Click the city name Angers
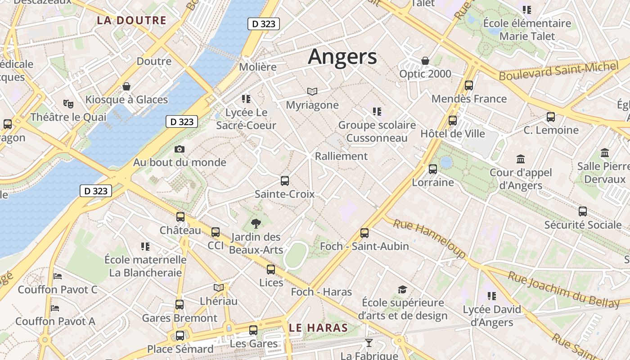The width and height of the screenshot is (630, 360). pos(342,57)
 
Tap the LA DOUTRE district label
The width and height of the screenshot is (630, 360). pos(131,20)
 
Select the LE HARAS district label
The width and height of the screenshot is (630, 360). pos(319,328)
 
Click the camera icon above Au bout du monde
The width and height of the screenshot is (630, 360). pos(180,149)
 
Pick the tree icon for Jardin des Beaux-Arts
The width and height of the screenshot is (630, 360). pos(256,223)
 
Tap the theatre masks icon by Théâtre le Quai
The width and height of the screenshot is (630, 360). pos(68,104)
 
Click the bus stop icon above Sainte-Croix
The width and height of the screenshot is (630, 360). pos(285,181)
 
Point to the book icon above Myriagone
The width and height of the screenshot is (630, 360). pos(312,92)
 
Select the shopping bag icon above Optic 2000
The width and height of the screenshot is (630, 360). pos(425,60)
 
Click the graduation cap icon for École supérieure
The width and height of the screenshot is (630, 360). pos(402,289)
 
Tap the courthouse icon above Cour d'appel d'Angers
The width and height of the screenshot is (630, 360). pos(521,159)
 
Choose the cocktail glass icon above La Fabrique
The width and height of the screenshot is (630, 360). pos(369,343)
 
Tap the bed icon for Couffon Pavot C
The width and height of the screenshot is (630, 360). pos(57,276)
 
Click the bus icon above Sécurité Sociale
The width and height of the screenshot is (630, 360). pos(583,211)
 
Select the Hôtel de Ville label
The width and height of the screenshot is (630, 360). pos(453,134)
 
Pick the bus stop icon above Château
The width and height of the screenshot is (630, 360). pos(180,217)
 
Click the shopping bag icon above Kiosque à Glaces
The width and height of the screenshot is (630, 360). pos(126,86)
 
